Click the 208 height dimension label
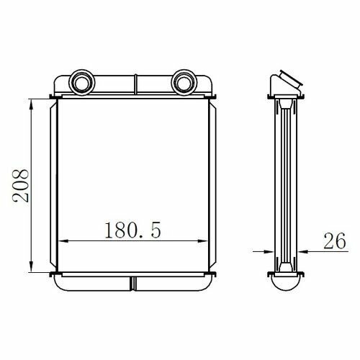pos(21,186)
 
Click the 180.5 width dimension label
pos(132,230)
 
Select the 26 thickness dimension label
pos(335,240)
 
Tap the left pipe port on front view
pos(82,83)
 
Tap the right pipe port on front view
pos(184,83)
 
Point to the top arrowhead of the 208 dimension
pos(31,105)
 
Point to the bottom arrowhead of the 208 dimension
pos(31,266)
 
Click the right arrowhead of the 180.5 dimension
pos(202,240)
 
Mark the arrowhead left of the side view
pos(269,251)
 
